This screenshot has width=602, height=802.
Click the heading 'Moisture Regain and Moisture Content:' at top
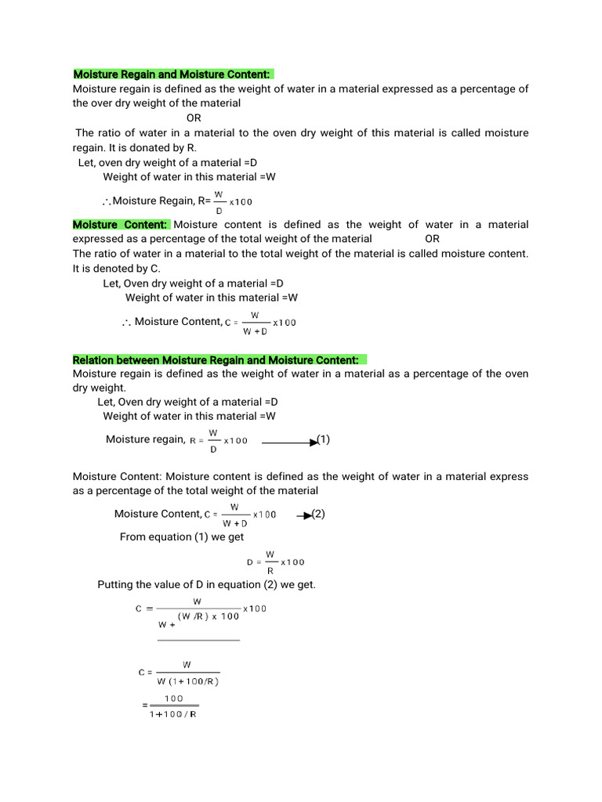pos(172,74)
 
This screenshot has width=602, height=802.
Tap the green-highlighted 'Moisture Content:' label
pos(120,225)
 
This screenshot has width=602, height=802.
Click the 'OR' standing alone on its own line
pos(194,117)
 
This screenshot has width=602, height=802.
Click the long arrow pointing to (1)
pos(289,443)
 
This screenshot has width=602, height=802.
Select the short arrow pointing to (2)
pos(303,515)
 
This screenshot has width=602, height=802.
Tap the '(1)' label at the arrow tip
pos(323,439)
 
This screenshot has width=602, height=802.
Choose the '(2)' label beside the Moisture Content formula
pos(317,513)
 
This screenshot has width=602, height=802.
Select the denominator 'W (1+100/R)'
pos(188,681)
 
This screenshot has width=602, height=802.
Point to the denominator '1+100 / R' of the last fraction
pos(173,713)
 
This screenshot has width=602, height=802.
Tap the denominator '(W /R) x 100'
pos(209,616)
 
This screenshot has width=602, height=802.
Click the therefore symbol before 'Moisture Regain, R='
pos(107,202)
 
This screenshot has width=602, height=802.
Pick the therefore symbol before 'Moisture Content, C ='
pos(126,322)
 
